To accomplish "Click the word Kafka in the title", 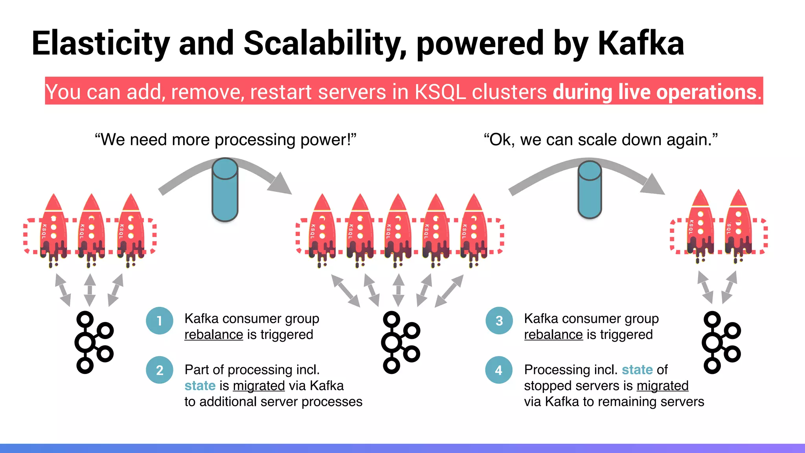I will pos(641,43).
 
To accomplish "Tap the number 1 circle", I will pos(160,321).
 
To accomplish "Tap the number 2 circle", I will pos(160,370).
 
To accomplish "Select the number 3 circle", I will pos(499,321).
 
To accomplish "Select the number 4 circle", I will pos(499,370).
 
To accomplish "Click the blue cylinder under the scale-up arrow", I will pos(225,190).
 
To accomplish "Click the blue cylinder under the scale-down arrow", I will pos(590,190).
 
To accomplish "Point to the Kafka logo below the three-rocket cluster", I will pos(94,342).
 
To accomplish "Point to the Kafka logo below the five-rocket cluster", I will pos(400,342).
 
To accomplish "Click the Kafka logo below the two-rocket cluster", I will pos(721,342).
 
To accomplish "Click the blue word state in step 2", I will pos(200,386).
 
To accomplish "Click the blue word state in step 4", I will pos(637,370).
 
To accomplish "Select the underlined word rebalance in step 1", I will pos(214,335).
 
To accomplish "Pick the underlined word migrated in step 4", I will pos(662,386).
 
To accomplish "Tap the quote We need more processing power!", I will pos(225,140).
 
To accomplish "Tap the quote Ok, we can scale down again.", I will pos(601,140).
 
